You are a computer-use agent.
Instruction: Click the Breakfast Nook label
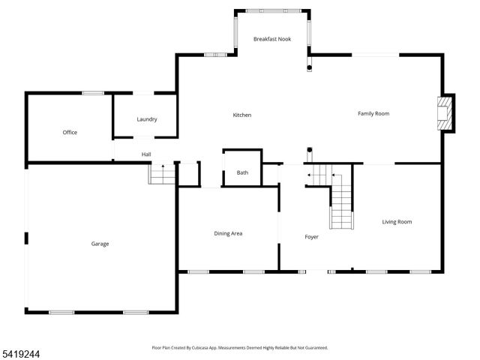271,39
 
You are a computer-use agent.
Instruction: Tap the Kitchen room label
241,115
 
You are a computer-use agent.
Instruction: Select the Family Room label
373,113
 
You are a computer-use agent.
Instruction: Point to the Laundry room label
146,120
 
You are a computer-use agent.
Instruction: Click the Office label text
70,133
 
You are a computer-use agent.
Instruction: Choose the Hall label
146,154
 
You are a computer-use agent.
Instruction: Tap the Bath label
242,173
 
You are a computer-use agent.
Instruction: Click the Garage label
100,244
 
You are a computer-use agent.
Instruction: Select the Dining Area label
228,233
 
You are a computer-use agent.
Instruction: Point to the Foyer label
311,237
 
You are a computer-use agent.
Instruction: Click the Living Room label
397,221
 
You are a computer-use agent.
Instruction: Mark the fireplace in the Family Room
446,112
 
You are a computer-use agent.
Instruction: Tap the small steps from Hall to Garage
163,175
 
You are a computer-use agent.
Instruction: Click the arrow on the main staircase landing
309,176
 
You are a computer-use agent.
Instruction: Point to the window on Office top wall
92,93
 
